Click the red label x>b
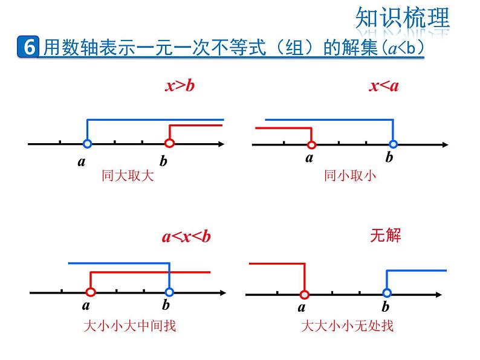(180, 86)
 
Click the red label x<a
(384, 86)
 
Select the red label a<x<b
(186, 236)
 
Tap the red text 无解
(385, 234)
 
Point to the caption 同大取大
(128, 176)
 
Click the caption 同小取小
(349, 176)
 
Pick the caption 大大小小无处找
(347, 326)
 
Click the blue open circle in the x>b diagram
(87, 144)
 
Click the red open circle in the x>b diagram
(169, 144)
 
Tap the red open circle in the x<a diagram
(311, 145)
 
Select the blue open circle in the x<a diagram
(394, 144)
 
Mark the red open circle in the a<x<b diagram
(91, 292)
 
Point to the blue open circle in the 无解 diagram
(387, 294)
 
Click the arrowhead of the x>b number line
(222, 144)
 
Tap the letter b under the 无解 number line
(386, 307)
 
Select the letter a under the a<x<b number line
(86, 306)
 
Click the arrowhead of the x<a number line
(445, 145)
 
